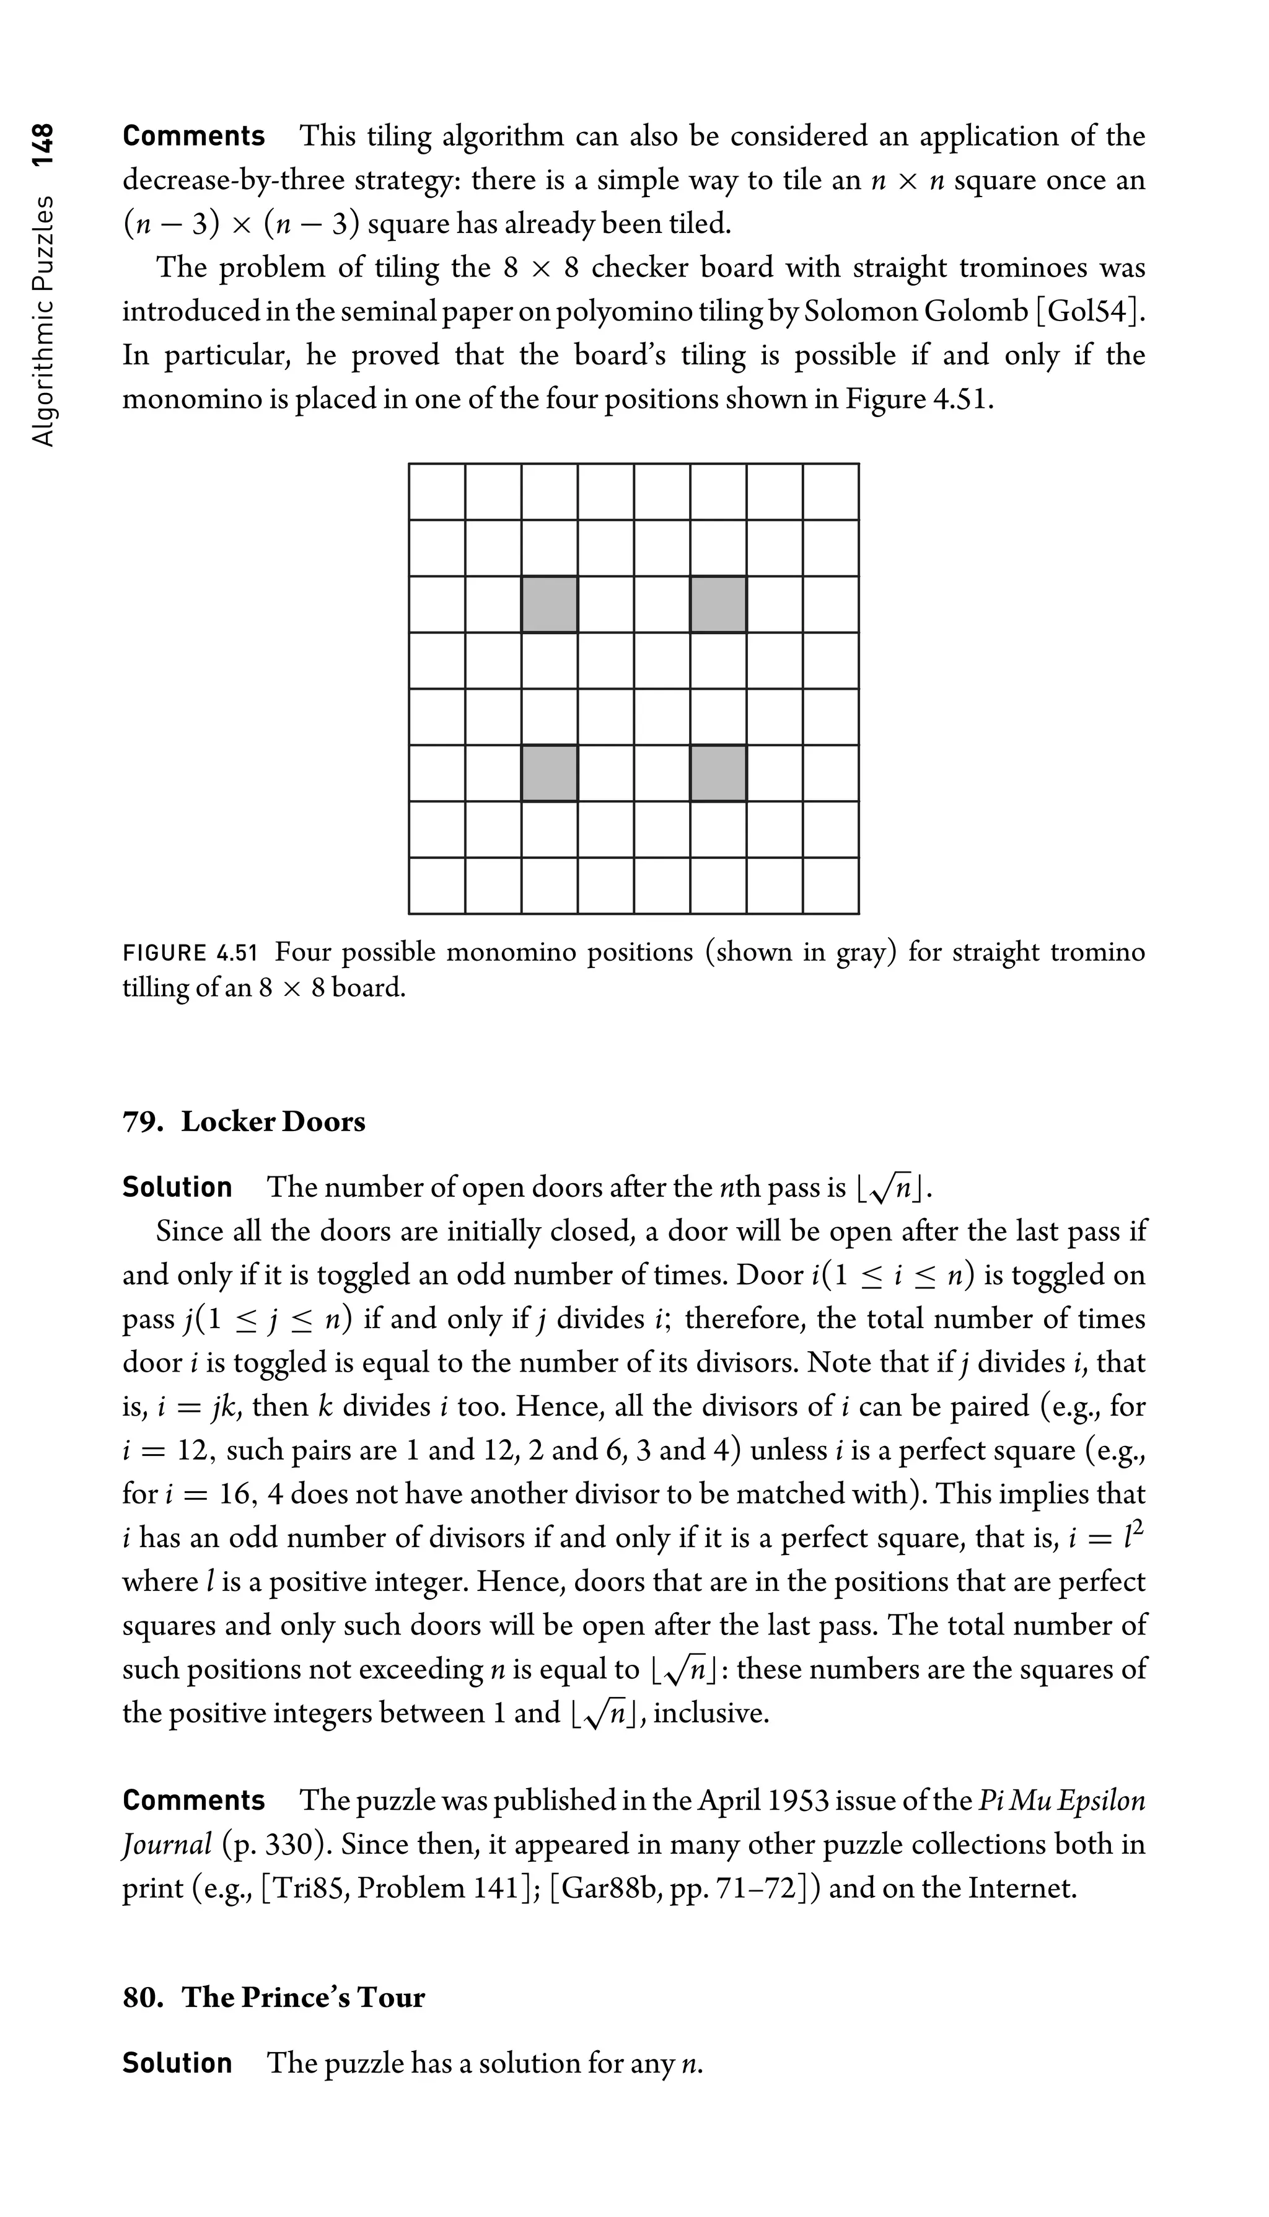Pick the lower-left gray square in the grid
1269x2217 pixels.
click(x=549, y=772)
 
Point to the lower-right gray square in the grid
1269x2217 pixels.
click(x=718, y=772)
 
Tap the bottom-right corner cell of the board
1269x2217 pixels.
click(x=830, y=886)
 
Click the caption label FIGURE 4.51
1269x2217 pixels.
click(x=190, y=952)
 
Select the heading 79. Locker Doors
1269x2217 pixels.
click(x=244, y=1121)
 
